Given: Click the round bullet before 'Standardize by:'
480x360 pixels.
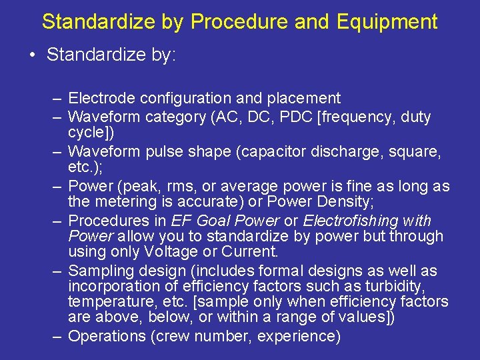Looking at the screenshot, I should [33, 55].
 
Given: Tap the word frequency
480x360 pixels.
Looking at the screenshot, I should [353, 117].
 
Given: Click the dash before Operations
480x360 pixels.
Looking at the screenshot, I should [58, 336].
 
